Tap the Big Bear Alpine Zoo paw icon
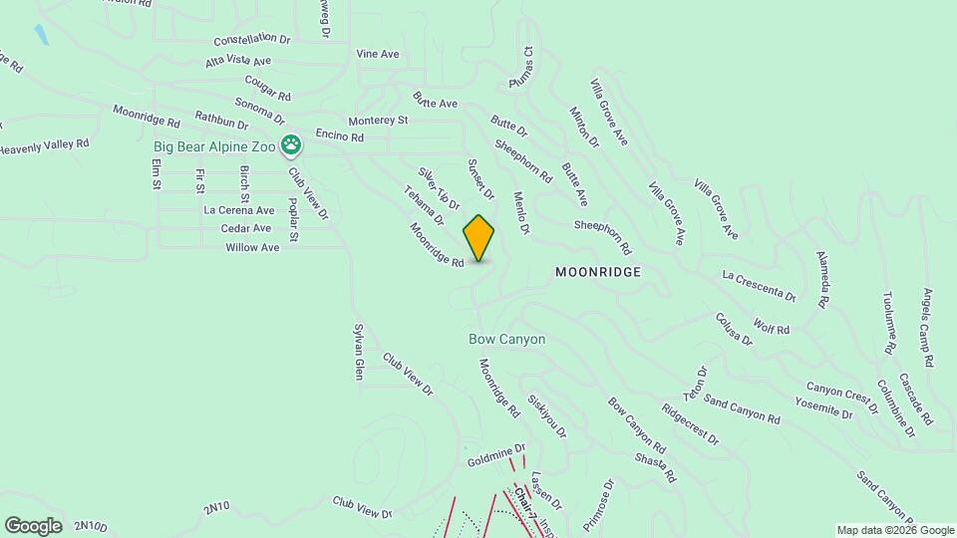click(x=291, y=145)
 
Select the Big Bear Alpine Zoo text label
click(x=214, y=146)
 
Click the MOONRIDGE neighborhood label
click(x=597, y=271)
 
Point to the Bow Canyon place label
click(x=506, y=339)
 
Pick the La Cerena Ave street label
click(x=238, y=211)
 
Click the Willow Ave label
click(x=252, y=247)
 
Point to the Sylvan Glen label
click(x=358, y=351)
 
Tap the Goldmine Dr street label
click(x=494, y=453)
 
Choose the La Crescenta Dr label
click(x=760, y=285)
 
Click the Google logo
click(x=33, y=526)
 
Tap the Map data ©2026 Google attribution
click(x=894, y=530)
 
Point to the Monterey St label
click(x=378, y=120)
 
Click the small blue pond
click(x=40, y=34)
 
